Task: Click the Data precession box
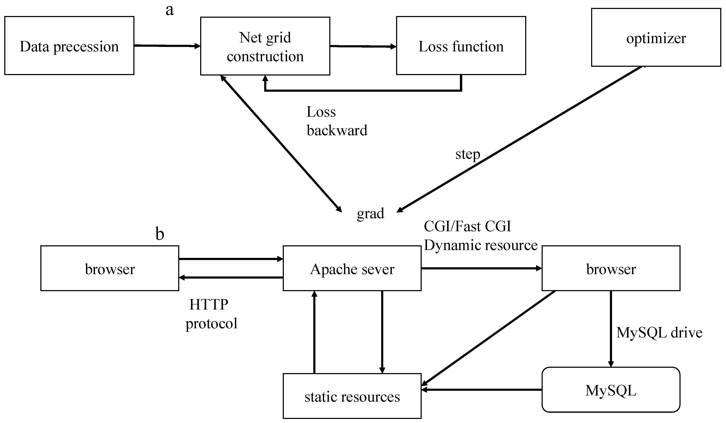coord(69,45)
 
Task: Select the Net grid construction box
coord(265,46)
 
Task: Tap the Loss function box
coord(461,45)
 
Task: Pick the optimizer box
coord(656,37)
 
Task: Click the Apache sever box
coord(352,268)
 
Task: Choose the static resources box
coord(352,396)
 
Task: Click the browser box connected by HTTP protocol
coord(110,268)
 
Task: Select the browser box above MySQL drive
coord(611,268)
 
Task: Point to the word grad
coord(370,213)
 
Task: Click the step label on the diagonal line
coord(468,154)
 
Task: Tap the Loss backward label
coord(337,121)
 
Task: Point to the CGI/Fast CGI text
coord(467,226)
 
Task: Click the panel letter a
coord(170,10)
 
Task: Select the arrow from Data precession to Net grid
coord(167,45)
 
